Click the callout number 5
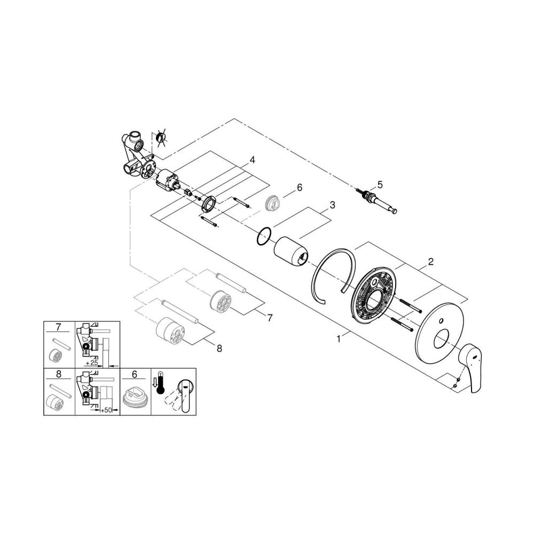380,185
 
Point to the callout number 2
430,262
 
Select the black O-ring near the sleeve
264,237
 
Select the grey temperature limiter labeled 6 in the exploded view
273,202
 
